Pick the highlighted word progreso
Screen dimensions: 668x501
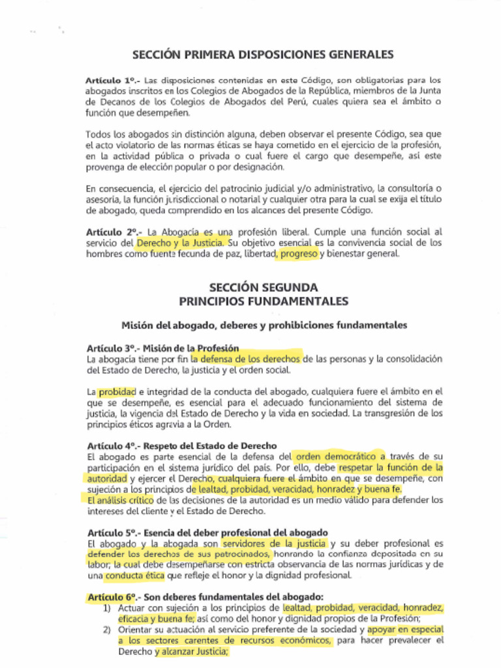(x=298, y=254)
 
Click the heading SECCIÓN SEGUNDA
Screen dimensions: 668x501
(x=263, y=287)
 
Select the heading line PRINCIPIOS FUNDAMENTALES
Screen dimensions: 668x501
(x=263, y=301)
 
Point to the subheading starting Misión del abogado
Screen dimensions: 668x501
(x=264, y=324)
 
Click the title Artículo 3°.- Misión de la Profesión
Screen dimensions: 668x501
(x=162, y=348)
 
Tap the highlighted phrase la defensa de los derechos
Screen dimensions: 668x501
(x=247, y=359)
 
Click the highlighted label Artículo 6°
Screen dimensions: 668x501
(x=112, y=597)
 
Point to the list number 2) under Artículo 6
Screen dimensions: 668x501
(x=107, y=630)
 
